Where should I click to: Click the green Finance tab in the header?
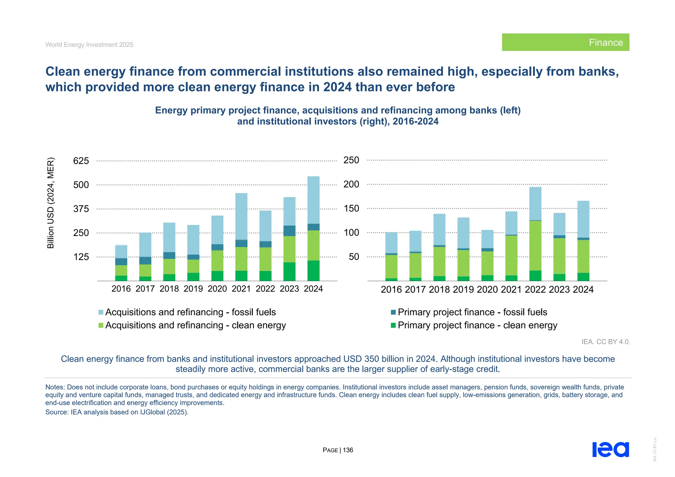pyautogui.click(x=565, y=42)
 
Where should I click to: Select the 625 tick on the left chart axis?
pyautogui.click(x=81, y=161)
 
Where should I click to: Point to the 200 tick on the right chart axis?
pyautogui.click(x=351, y=184)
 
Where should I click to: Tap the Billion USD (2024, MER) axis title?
pyautogui.click(x=50, y=203)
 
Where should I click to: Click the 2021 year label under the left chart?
pyautogui.click(x=241, y=289)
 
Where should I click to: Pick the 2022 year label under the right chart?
pyautogui.click(x=535, y=290)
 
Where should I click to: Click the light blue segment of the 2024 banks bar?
pyautogui.click(x=313, y=200)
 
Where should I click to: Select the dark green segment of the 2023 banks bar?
pyautogui.click(x=289, y=271)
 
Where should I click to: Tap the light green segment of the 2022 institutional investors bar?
pyautogui.click(x=535, y=245)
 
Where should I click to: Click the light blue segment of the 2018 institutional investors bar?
pyautogui.click(x=439, y=229)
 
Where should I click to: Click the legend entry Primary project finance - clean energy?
pyautogui.click(x=477, y=325)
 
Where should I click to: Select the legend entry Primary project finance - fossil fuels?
pyautogui.click(x=472, y=312)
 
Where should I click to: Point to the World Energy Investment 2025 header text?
pyautogui.click(x=89, y=45)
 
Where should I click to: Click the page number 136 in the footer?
pyautogui.click(x=348, y=450)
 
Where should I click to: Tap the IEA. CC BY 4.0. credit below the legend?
pyautogui.click(x=605, y=342)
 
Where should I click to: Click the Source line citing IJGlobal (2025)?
pyautogui.click(x=117, y=412)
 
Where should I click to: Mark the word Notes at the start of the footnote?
pyautogui.click(x=55, y=387)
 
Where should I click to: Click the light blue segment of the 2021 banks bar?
pyautogui.click(x=241, y=216)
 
